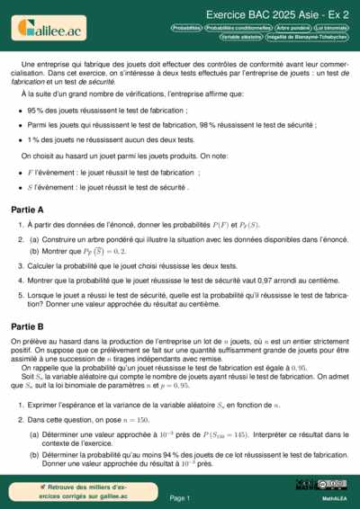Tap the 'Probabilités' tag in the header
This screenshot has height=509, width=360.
[x=186, y=29]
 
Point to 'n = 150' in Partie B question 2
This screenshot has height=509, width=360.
[x=123, y=419]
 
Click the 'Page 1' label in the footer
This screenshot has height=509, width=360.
[x=179, y=497]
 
